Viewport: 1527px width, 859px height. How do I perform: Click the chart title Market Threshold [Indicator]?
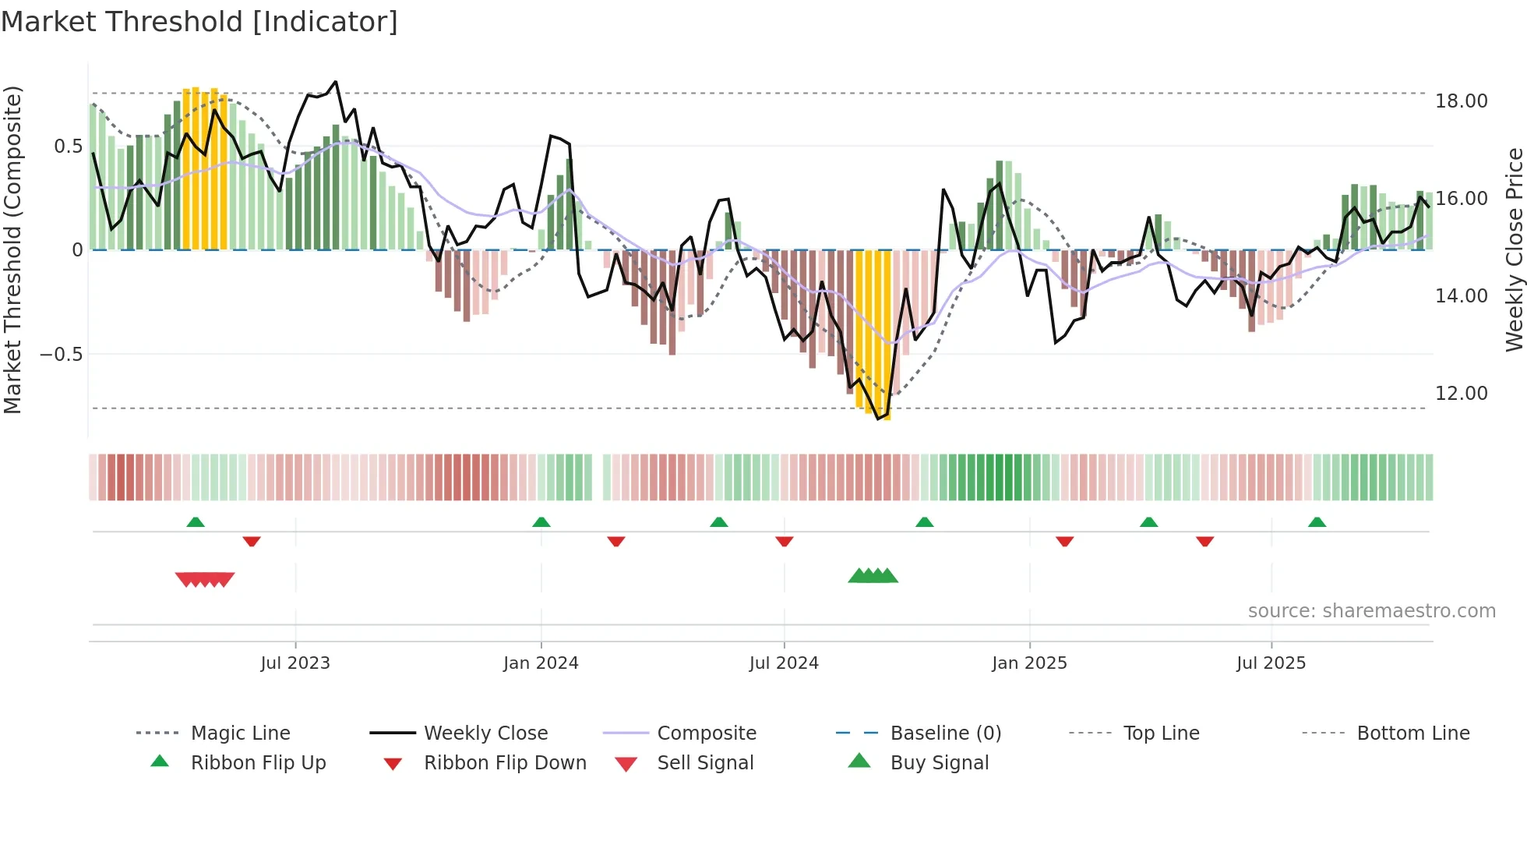(x=199, y=22)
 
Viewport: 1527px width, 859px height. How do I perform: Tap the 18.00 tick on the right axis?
(x=1461, y=101)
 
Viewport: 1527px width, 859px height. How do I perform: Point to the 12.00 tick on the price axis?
(x=1461, y=394)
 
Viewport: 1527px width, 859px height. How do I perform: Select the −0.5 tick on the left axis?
(x=62, y=355)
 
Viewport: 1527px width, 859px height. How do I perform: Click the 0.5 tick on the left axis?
(x=68, y=147)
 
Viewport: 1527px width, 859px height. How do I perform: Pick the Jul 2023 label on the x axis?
(x=295, y=663)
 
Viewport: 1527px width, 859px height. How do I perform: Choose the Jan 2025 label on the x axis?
(x=1029, y=663)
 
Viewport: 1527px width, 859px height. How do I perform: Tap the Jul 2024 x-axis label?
(x=784, y=663)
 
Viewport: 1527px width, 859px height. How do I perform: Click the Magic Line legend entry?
(x=240, y=734)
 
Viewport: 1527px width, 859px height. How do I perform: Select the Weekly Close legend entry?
(x=485, y=734)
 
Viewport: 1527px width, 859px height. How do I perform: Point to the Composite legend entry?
(x=707, y=734)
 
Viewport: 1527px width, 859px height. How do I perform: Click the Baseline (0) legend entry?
(x=945, y=734)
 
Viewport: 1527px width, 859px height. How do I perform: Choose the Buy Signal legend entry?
(x=939, y=763)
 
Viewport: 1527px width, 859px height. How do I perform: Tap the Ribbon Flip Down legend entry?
(x=505, y=763)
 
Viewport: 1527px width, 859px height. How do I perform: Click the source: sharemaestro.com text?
(x=1371, y=611)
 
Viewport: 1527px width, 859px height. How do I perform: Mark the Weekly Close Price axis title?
(x=1514, y=249)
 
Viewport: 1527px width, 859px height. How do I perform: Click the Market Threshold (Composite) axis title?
(x=12, y=249)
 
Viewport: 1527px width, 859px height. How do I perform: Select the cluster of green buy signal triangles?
(x=873, y=576)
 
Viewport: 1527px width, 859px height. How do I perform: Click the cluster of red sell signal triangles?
(x=205, y=579)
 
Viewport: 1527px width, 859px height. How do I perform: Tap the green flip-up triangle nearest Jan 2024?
(x=541, y=522)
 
